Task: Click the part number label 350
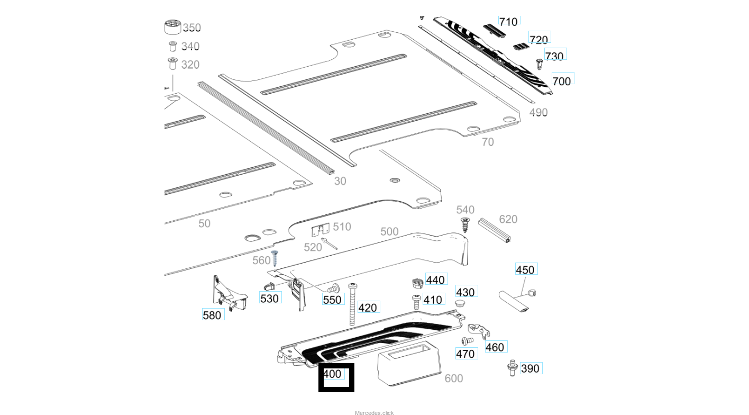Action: [x=191, y=28]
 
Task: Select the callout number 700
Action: [x=562, y=80]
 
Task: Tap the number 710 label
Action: [x=508, y=22]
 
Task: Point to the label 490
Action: [x=538, y=112]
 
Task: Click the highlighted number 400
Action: [x=333, y=374]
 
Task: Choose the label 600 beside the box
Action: [x=454, y=378]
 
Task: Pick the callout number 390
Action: [x=530, y=368]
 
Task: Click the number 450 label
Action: [x=525, y=270]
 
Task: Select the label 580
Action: [x=212, y=315]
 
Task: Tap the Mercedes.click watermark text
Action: [x=374, y=412]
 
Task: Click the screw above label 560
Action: [x=275, y=258]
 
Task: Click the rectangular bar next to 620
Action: [x=494, y=230]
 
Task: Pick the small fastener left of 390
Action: [x=511, y=367]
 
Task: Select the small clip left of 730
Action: [x=540, y=64]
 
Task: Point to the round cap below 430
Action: [x=460, y=304]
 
